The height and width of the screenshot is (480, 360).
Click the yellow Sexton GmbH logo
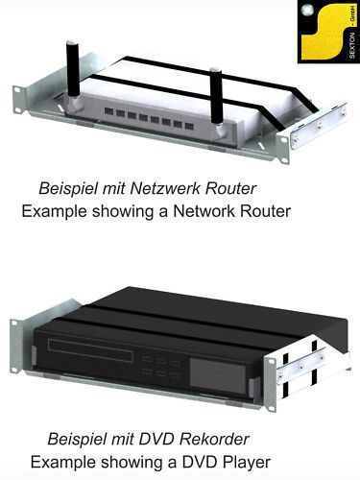pyautogui.click(x=328, y=32)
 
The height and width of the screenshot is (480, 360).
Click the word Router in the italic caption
pyautogui.click(x=230, y=188)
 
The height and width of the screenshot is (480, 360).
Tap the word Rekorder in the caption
pyautogui.click(x=214, y=439)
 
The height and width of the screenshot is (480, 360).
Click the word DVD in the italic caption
pyautogui.click(x=156, y=439)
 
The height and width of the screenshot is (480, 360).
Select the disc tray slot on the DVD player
pyautogui.click(x=90, y=350)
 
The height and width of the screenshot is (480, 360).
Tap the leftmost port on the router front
pyautogui.click(x=108, y=111)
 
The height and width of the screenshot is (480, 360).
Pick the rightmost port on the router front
pyautogui.click(x=189, y=127)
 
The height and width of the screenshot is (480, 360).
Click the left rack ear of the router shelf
pyautogui.click(x=19, y=99)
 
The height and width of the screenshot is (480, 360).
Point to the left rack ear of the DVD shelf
pyautogui.click(x=14, y=346)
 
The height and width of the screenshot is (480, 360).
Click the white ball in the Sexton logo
pyautogui.click(x=307, y=11)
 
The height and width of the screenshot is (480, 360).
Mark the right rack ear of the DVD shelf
pyautogui.click(x=271, y=383)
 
